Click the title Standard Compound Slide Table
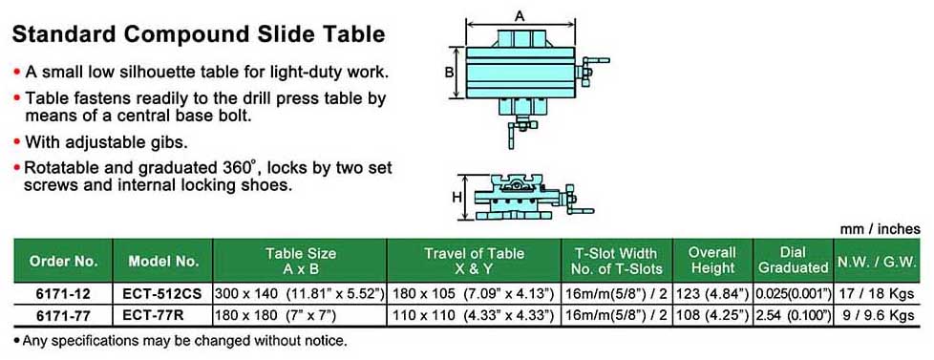pos(199,34)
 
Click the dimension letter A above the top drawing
pos(520,16)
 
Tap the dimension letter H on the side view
pos(456,198)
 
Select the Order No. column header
pos(63,261)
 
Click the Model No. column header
pos(162,261)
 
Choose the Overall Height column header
pos(713,261)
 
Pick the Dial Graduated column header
pos(794,261)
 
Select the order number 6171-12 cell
pos(62,294)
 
